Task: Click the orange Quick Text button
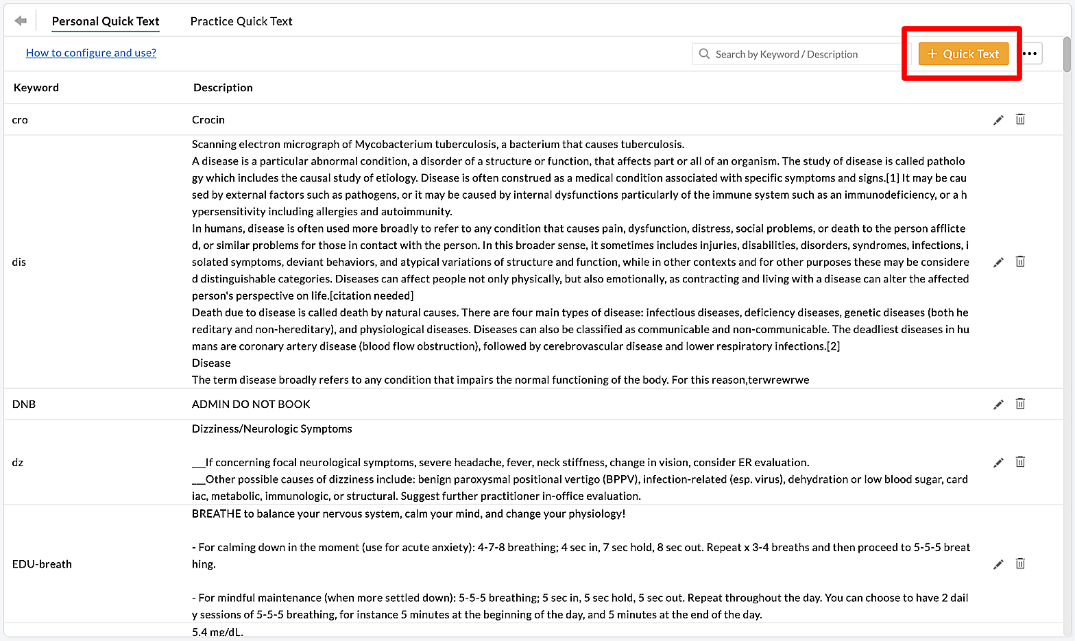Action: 963,54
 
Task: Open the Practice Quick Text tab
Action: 241,21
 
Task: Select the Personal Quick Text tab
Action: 106,21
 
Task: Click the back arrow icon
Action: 21,21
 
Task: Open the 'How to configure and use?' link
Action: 91,53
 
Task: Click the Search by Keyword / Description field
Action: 802,54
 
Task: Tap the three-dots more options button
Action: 1030,53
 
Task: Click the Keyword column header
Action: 36,88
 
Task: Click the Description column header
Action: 223,88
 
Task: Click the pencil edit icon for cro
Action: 998,120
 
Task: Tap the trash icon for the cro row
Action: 1020,119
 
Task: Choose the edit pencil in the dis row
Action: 998,262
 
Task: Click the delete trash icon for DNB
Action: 1020,404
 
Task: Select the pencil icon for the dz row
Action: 998,463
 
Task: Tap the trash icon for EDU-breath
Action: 1020,564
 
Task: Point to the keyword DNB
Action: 24,404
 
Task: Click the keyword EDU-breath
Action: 42,564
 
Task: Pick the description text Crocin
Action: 208,120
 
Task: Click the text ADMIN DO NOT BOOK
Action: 251,404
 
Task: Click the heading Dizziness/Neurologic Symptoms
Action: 271,429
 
